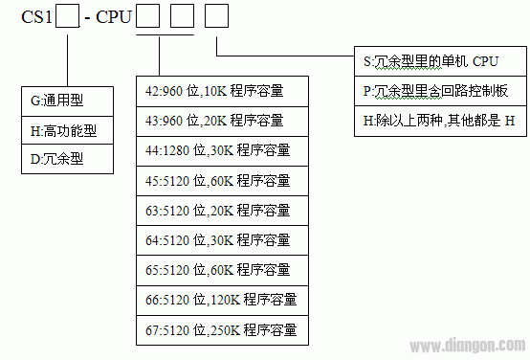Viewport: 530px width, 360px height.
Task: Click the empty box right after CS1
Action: (x=67, y=17)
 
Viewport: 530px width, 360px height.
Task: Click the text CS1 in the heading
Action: (x=35, y=18)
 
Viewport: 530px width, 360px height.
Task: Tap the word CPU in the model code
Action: (x=114, y=18)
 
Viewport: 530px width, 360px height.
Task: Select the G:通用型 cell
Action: (x=69, y=98)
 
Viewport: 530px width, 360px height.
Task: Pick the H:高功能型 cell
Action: (x=69, y=128)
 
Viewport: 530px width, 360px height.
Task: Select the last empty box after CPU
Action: (x=218, y=17)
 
